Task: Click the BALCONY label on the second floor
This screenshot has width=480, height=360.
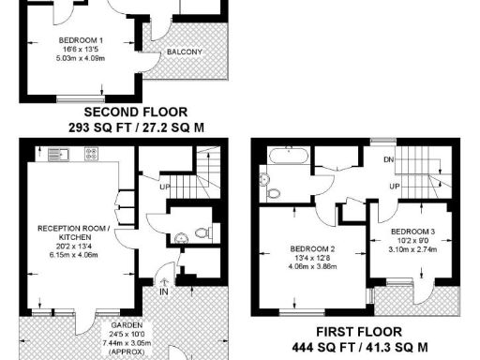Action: coord(185,52)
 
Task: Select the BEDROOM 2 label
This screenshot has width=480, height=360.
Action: coord(299,247)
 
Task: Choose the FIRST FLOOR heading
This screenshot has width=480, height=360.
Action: coord(373,332)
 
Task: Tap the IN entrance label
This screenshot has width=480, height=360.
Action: coord(162,292)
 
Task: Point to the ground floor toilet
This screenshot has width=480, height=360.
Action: coord(198,232)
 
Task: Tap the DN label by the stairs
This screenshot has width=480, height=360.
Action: coord(387,158)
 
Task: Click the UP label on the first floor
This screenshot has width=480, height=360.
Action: coord(397,187)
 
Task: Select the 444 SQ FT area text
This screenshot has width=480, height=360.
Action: coord(373,346)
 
